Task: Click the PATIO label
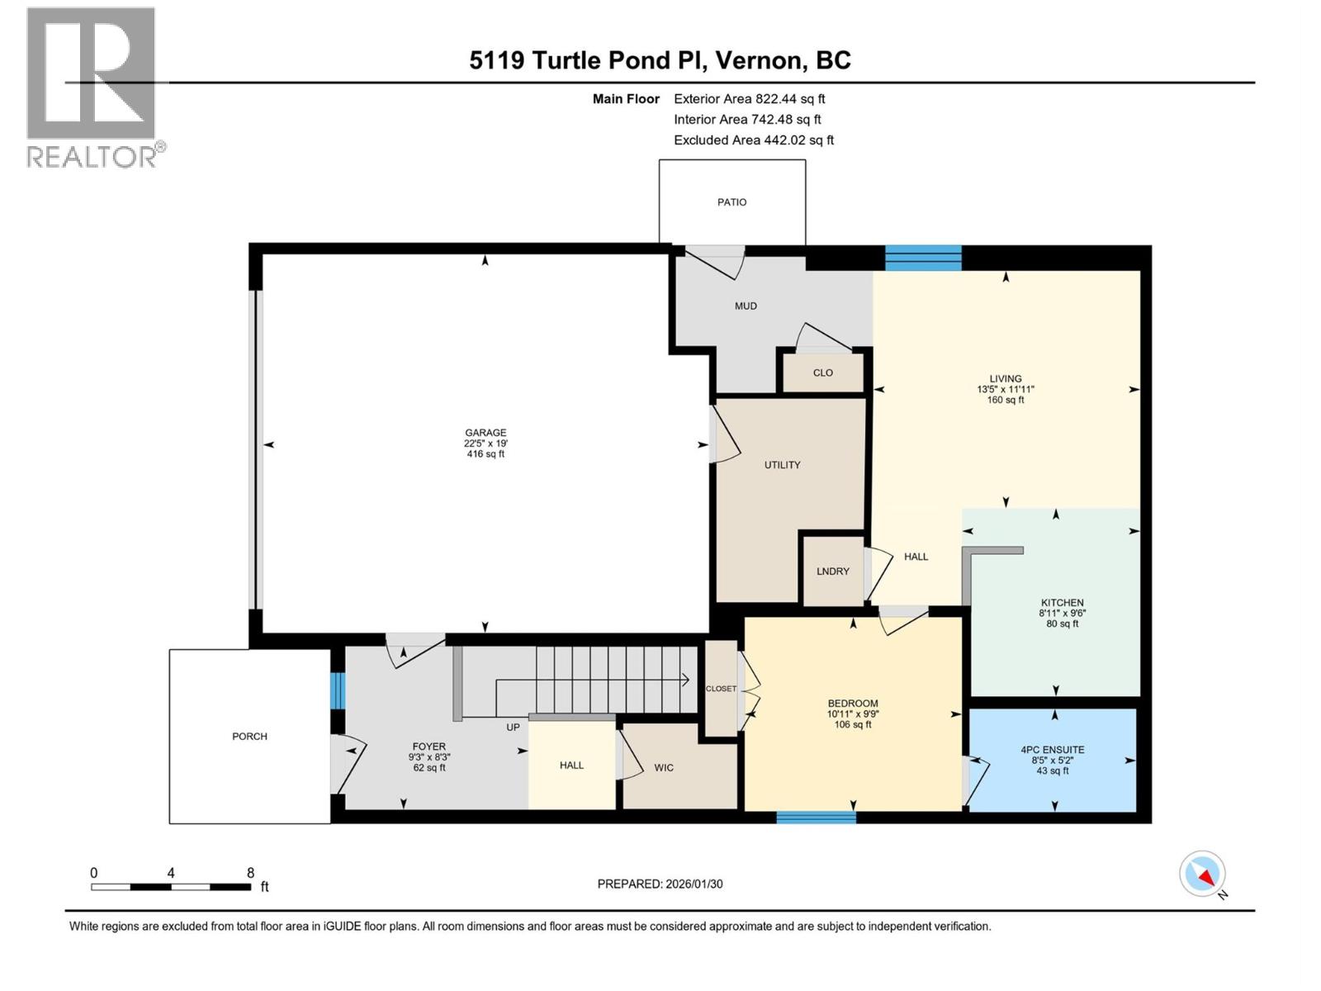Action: [732, 202]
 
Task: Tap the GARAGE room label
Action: [485, 433]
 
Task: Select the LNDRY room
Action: [832, 571]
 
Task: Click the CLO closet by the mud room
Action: [822, 372]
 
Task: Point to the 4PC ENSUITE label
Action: [1052, 750]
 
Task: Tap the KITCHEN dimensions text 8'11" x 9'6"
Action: [1062, 614]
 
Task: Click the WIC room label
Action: [664, 768]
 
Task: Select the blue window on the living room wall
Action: [922, 258]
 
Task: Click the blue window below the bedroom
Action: [816, 818]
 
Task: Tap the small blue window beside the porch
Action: [337, 691]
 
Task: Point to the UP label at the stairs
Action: [513, 728]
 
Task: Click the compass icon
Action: [1202, 874]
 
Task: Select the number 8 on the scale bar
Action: [250, 873]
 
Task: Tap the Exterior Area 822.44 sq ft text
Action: [749, 98]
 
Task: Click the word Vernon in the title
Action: [759, 60]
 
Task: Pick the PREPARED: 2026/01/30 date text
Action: [660, 884]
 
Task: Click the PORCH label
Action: [249, 737]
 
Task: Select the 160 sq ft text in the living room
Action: [1005, 401]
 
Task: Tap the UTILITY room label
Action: [782, 465]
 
